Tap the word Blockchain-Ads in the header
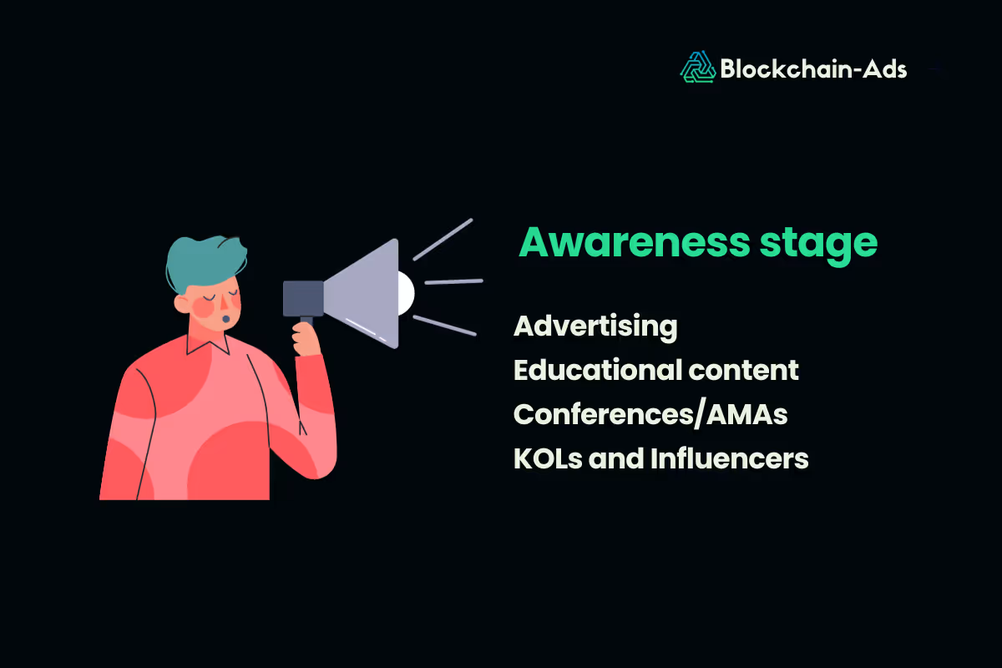pyautogui.click(x=813, y=68)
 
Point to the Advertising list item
pyautogui.click(x=595, y=326)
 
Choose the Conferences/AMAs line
pyautogui.click(x=650, y=414)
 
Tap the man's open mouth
pyautogui.click(x=224, y=318)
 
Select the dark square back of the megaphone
pyautogui.click(x=303, y=298)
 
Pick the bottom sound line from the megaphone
pyautogui.click(x=444, y=326)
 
